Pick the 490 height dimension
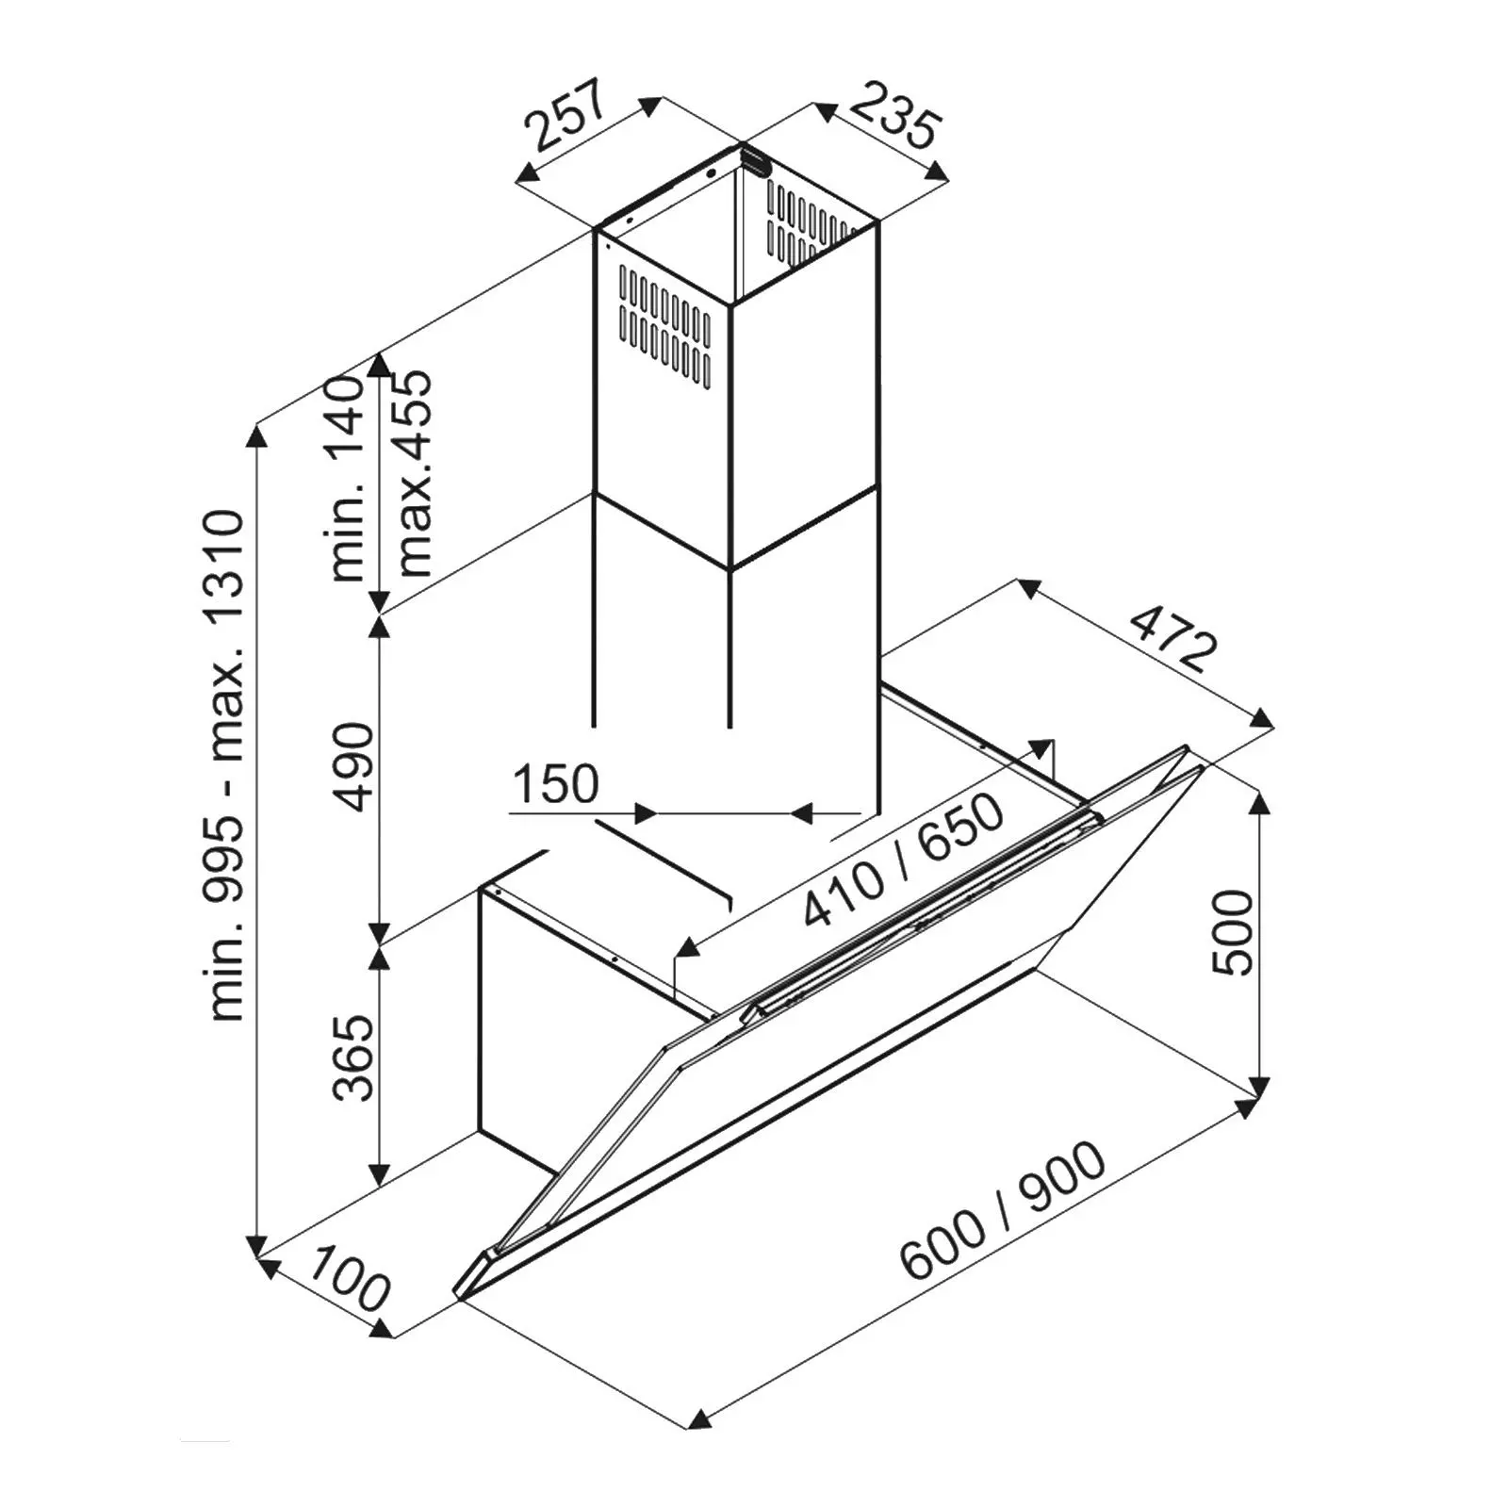355,766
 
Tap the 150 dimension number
556,784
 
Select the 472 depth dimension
1172,638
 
